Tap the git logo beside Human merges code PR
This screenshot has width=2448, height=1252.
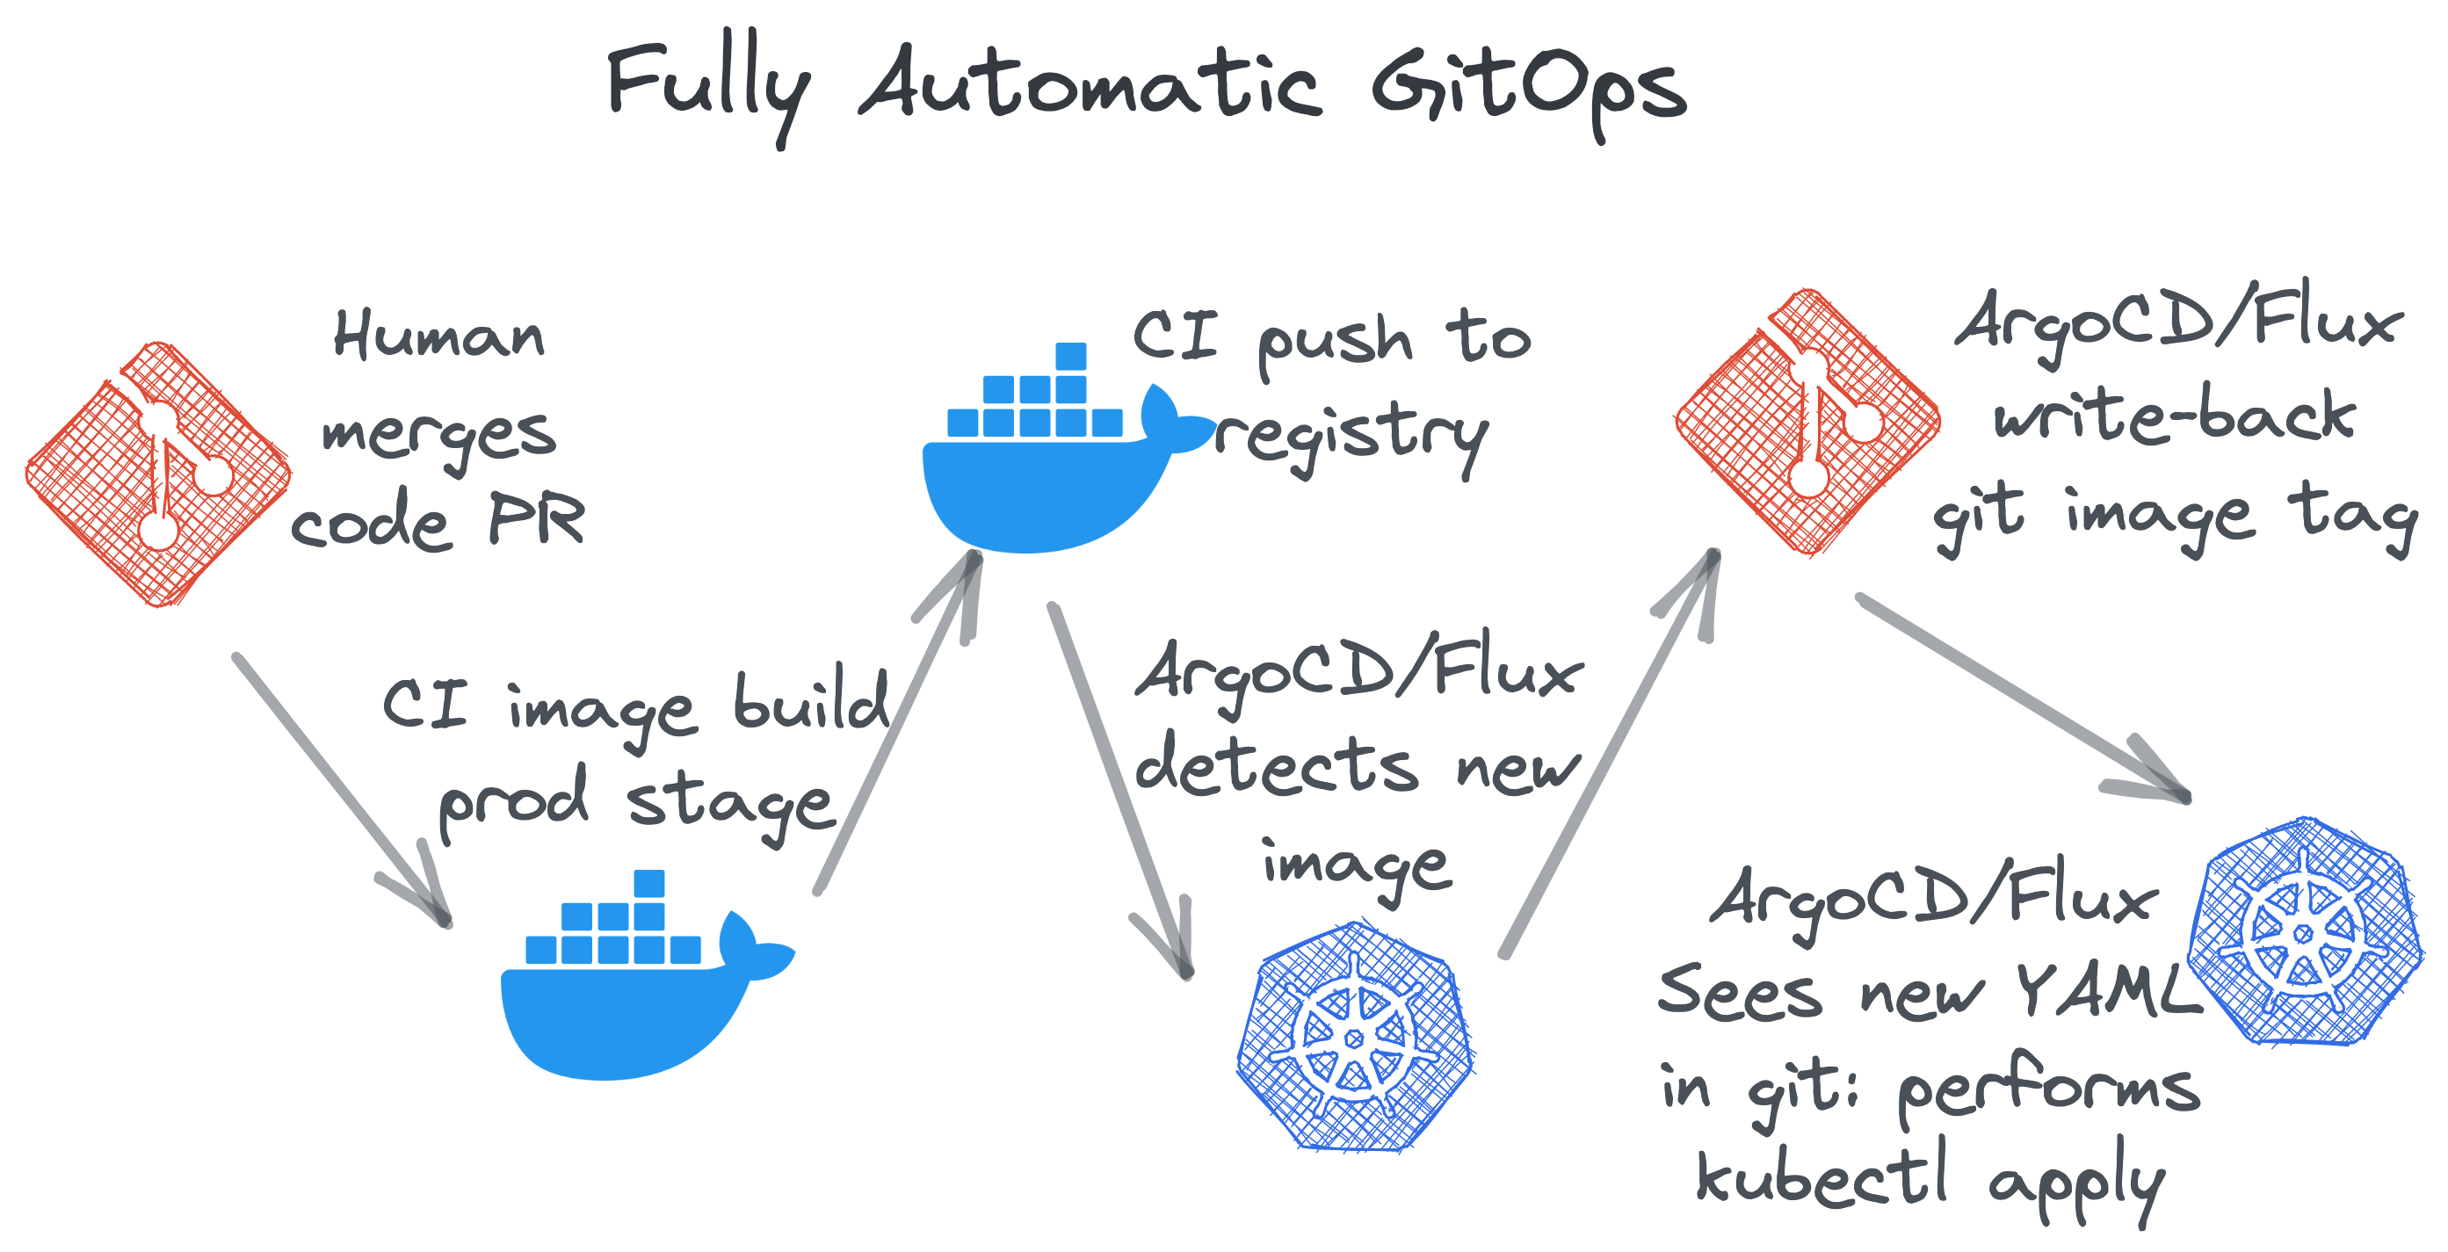click(x=159, y=473)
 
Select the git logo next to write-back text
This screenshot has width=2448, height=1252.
click(x=1807, y=422)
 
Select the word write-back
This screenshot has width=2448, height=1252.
click(x=2175, y=417)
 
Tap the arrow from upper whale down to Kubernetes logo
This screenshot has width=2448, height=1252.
click(x=1119, y=788)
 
